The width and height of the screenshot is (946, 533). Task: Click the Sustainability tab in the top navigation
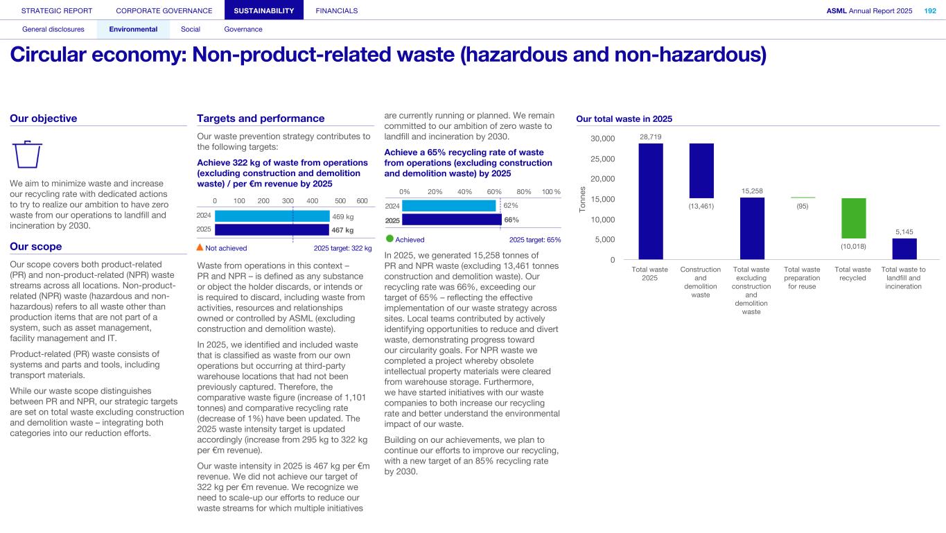point(264,10)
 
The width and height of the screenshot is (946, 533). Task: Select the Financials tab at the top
point(336,10)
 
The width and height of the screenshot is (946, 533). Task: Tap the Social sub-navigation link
point(190,29)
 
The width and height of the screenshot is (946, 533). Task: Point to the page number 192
point(929,10)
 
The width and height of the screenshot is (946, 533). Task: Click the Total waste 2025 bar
point(650,201)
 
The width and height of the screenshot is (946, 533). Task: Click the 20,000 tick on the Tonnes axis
point(602,179)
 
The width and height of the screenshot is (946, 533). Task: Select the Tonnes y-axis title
point(584,199)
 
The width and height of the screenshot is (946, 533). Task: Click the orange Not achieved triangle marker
point(200,247)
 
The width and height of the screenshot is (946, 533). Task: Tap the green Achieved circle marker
point(389,239)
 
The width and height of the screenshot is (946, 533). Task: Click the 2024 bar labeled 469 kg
point(272,216)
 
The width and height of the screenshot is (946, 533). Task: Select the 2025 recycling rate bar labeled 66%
point(451,220)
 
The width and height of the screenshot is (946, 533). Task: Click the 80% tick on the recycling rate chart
point(524,191)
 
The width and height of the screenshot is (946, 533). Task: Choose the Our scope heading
point(36,247)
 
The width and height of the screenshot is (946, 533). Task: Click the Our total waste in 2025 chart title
point(624,119)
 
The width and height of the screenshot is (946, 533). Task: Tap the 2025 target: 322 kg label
point(342,248)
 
